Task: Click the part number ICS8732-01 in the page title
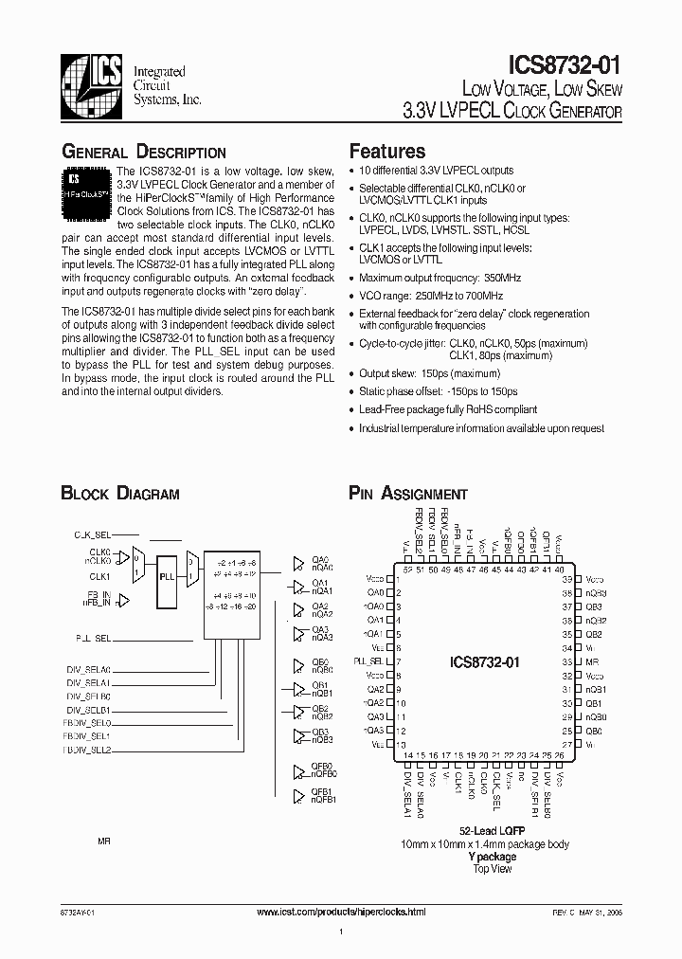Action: tap(565, 64)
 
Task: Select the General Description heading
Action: tap(144, 152)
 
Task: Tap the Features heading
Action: tap(387, 151)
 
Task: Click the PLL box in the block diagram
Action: tap(168, 575)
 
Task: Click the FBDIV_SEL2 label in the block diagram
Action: tap(87, 750)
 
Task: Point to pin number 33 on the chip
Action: tap(566, 660)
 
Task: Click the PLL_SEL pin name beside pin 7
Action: tap(369, 660)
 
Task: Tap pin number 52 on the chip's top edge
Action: tap(407, 570)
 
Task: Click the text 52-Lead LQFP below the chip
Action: tap(492, 830)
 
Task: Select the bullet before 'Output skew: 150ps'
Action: tap(352, 374)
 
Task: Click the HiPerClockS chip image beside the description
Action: tap(87, 184)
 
